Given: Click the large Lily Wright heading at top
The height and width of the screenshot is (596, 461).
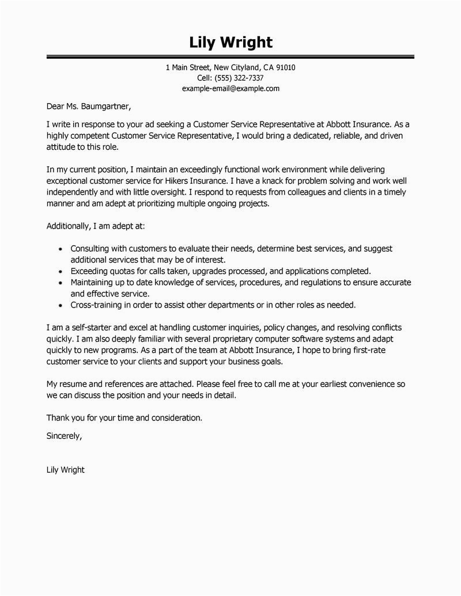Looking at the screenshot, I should (x=231, y=43).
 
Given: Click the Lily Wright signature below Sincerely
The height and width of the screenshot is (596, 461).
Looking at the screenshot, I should (x=65, y=470).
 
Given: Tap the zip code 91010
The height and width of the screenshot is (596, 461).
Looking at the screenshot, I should (x=285, y=67).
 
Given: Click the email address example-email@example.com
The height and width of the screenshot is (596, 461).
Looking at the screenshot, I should (x=231, y=88).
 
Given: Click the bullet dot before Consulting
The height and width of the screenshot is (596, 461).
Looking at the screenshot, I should (x=61, y=249).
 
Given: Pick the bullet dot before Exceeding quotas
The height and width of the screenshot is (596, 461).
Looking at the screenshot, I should (x=61, y=271).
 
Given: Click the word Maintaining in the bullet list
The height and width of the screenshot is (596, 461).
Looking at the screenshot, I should (x=95, y=282).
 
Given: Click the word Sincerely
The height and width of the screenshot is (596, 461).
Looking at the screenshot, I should (x=64, y=436).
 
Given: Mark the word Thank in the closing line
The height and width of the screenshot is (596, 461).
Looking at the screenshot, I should (x=57, y=417).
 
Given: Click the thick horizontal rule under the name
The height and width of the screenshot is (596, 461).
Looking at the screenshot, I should (x=231, y=58).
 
